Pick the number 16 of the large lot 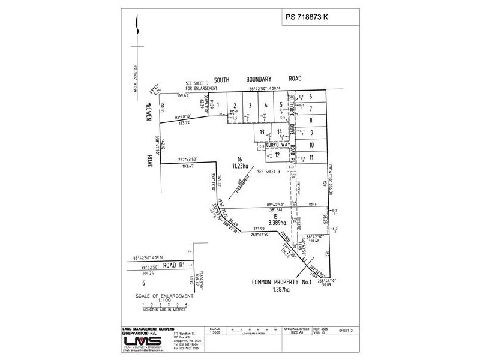(x=239, y=159)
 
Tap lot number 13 (x=261, y=133)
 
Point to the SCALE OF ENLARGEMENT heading (x=163, y=296)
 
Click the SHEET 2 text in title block (x=345, y=330)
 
